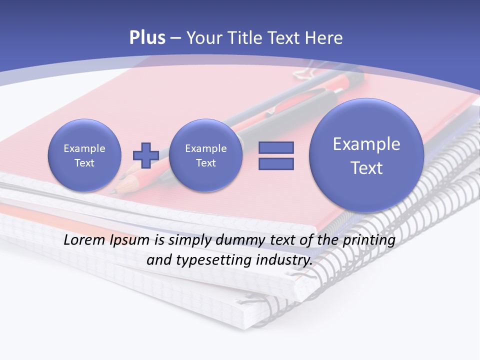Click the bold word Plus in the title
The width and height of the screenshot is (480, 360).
[x=147, y=38]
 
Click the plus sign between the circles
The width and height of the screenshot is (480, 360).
[x=145, y=155]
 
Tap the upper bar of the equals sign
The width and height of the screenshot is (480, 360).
[x=276, y=147]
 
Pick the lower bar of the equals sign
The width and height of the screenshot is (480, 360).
[x=276, y=164]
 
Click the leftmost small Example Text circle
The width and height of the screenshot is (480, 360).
[x=84, y=155]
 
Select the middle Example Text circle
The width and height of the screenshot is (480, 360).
[x=206, y=155]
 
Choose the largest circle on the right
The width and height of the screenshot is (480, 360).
[x=366, y=155]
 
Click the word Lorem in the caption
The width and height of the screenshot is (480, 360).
[x=83, y=240]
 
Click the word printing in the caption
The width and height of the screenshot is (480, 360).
[x=369, y=240]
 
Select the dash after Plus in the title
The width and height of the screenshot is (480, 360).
[x=175, y=38]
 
